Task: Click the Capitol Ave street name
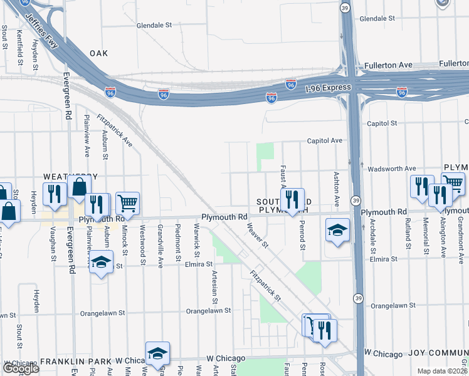point(324,140)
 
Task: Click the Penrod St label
point(302,234)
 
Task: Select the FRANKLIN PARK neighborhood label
point(75,362)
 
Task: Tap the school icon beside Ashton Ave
point(337,231)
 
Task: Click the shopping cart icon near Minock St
point(127,202)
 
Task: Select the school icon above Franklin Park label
point(157,353)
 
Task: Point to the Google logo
point(21,368)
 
